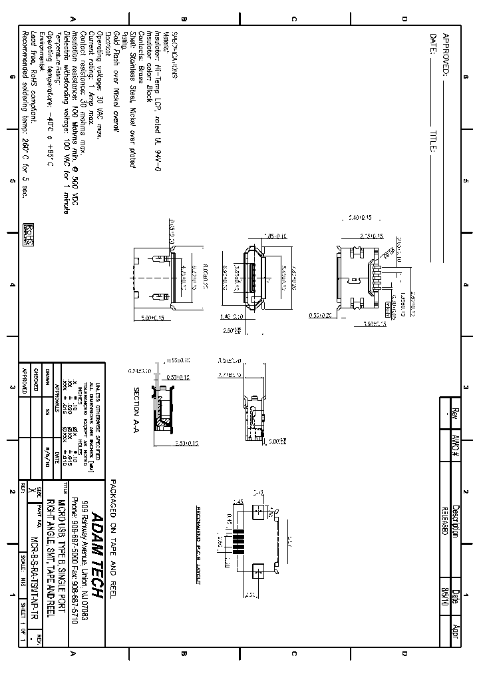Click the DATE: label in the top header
tap(433, 44)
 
